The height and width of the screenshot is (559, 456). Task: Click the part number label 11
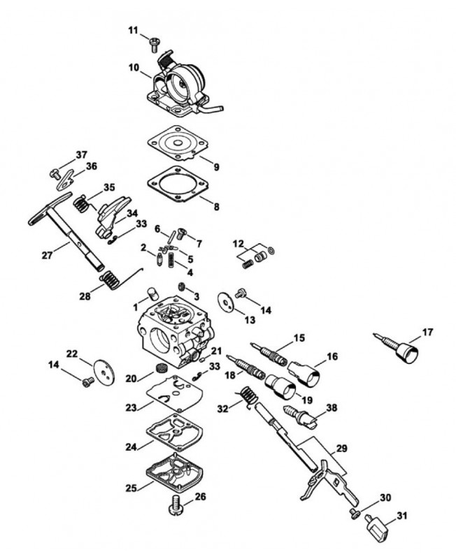tap(133, 31)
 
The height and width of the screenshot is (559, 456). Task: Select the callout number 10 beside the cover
tap(134, 67)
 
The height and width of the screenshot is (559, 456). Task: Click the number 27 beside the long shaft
tap(47, 256)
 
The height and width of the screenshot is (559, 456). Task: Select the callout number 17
tap(427, 333)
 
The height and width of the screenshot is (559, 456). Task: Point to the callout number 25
tap(131, 488)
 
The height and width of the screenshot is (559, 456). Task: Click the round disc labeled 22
tap(105, 371)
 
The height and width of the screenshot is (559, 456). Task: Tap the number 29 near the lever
tap(341, 448)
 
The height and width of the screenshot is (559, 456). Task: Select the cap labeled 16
tap(304, 373)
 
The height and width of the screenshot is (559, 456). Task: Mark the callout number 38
tap(332, 407)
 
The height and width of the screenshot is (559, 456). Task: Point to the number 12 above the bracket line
tap(238, 244)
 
